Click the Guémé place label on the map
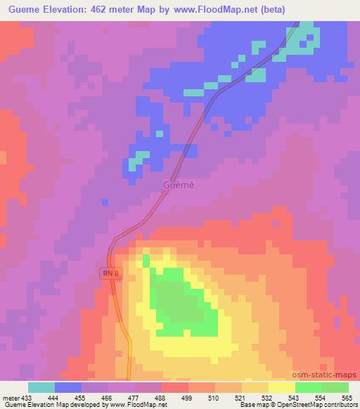click(x=178, y=185)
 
